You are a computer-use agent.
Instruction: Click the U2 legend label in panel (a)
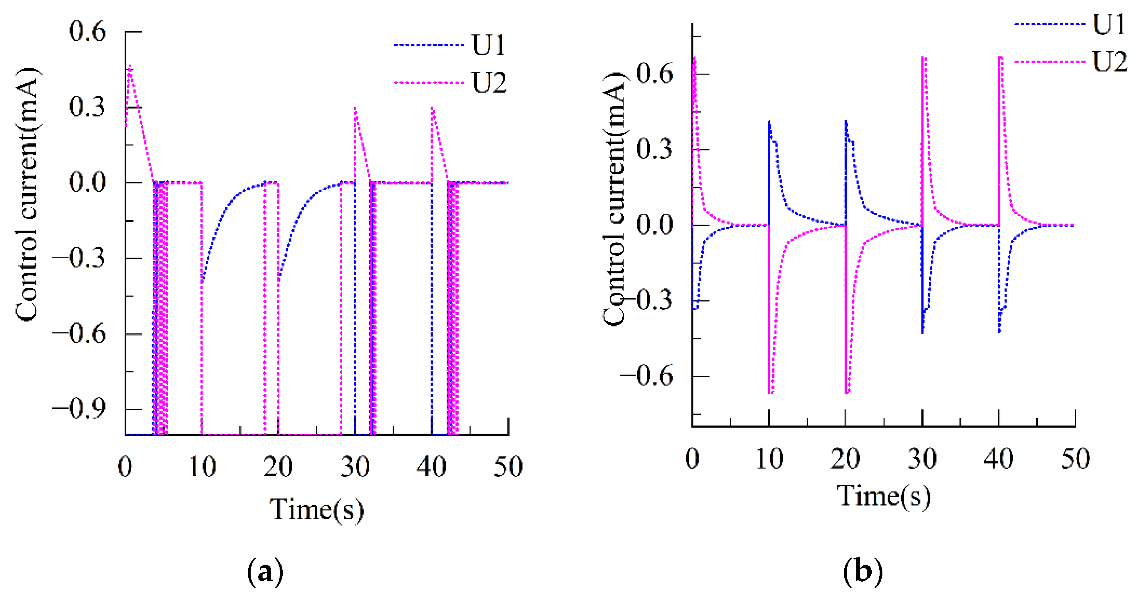coord(489,82)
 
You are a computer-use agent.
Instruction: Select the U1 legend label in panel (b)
coord(1109,24)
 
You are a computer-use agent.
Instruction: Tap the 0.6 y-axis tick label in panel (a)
coord(87,32)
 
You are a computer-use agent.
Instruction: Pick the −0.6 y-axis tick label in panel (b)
coord(646,376)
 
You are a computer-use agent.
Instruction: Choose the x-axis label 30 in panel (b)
coord(922,459)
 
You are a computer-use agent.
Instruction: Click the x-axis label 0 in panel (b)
coord(692,459)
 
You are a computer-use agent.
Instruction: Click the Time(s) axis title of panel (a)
coord(316,510)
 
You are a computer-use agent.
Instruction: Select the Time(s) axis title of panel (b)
coord(884,496)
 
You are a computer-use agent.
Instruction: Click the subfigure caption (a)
coord(265,572)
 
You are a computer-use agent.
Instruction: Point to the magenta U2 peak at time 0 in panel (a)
coord(130,66)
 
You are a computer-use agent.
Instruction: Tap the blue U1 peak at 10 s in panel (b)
coord(769,121)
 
